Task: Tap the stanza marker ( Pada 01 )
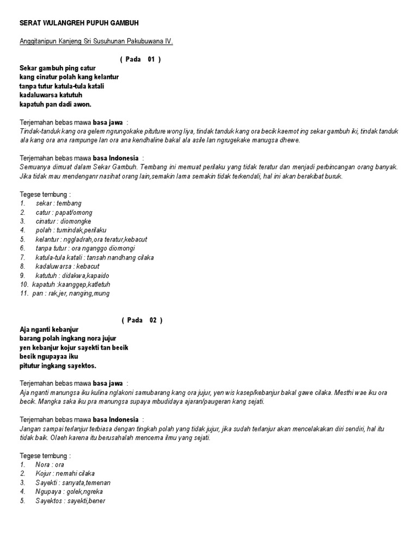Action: pos(140,59)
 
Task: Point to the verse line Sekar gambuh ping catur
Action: pos(58,68)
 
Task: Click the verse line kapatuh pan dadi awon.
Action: pos(56,104)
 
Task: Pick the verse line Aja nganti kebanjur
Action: pos(49,330)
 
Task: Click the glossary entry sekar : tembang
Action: pos(58,203)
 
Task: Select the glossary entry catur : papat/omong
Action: pos(64,213)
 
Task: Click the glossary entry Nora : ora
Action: pos(50,465)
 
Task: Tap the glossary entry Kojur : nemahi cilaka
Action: pos(61,474)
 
